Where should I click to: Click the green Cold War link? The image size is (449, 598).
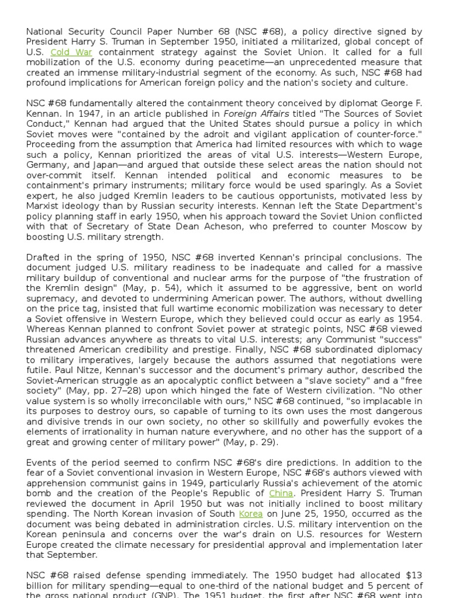(71, 52)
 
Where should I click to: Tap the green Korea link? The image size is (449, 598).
(250, 514)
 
